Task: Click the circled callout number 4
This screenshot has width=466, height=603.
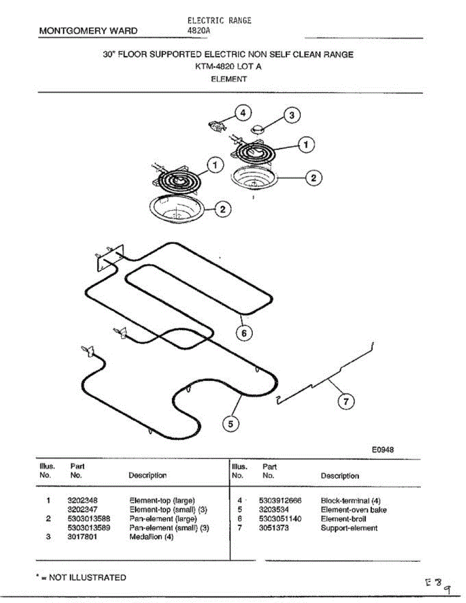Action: [x=243, y=113]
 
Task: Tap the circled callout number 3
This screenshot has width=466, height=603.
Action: [x=292, y=115]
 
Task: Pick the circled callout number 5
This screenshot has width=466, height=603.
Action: [x=231, y=424]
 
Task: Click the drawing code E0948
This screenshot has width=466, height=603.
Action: [x=383, y=450]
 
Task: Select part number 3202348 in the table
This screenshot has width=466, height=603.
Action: [x=82, y=500]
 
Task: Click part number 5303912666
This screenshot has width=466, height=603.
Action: [x=281, y=500]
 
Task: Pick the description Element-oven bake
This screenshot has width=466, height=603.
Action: [x=354, y=510]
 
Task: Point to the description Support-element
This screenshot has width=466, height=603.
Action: [x=349, y=528]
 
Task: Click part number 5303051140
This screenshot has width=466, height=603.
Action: [x=281, y=519]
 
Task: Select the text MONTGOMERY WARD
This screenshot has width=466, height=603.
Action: [x=88, y=31]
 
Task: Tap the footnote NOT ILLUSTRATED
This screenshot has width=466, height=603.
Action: [x=83, y=577]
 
